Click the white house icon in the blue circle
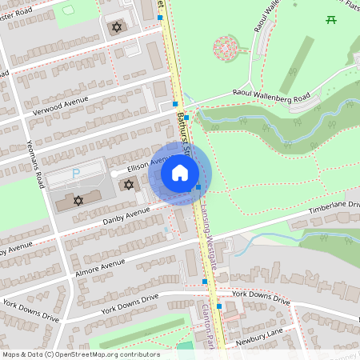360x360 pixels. [180, 173]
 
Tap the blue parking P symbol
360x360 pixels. [77, 173]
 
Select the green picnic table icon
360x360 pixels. [330, 19]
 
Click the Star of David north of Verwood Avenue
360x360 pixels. [117, 27]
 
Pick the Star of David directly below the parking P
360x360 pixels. [78, 200]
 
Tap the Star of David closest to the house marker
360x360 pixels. [129, 185]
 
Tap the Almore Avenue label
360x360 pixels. [102, 265]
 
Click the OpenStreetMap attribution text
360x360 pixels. [81, 354]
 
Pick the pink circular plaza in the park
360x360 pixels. [226, 48]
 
